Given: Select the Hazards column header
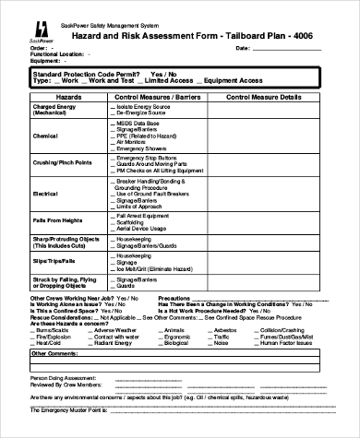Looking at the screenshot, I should point(68,96).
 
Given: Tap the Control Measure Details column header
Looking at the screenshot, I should point(263,96).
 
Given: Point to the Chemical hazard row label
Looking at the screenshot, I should point(45,135).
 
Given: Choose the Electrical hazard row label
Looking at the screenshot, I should point(45,195).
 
